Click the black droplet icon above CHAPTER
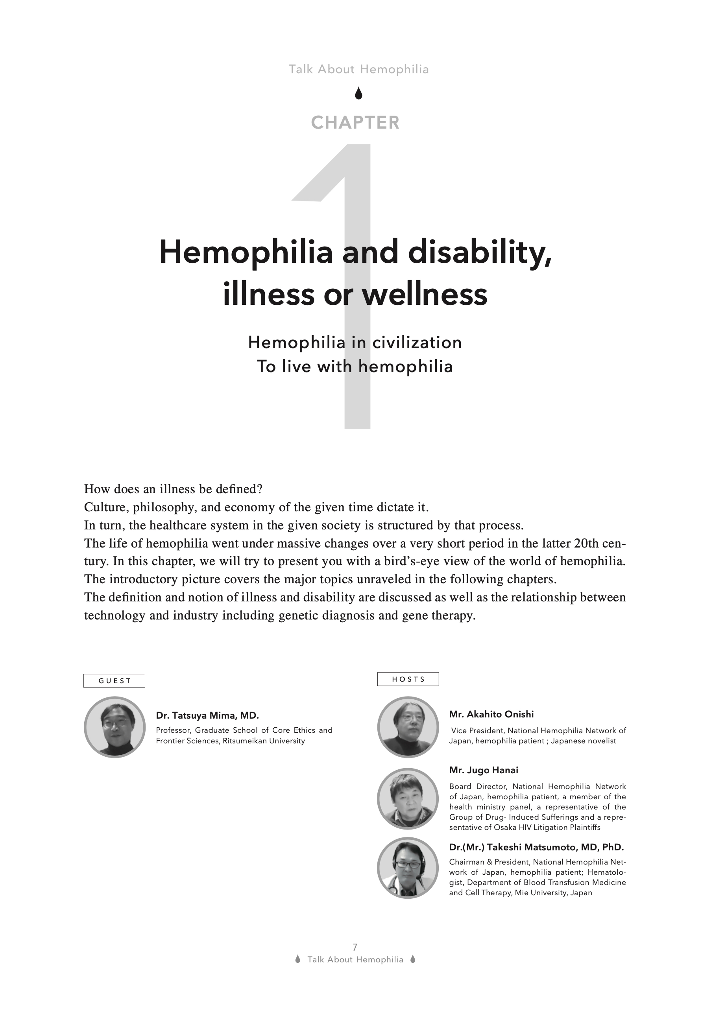(x=358, y=93)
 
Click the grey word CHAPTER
(x=355, y=122)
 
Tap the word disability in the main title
(x=480, y=252)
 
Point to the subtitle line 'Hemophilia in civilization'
(x=355, y=342)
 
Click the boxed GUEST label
(x=115, y=680)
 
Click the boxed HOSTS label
(x=408, y=679)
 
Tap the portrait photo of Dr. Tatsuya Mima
(x=115, y=727)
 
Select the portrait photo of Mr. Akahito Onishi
(x=408, y=727)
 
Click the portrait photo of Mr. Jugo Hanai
(x=408, y=798)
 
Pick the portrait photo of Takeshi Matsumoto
(x=408, y=868)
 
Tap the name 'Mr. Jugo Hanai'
(x=484, y=770)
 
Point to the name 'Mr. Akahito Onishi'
(x=491, y=714)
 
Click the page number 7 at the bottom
(x=355, y=947)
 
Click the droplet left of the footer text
(x=298, y=959)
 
